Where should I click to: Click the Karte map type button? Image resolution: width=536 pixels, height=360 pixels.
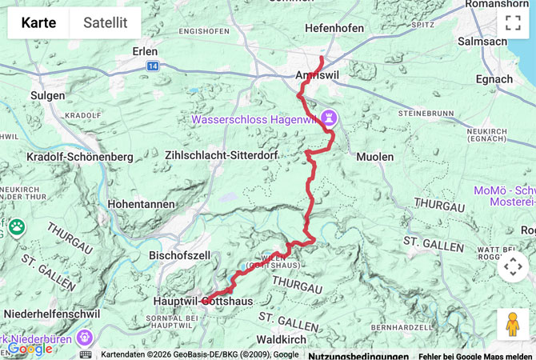(x=38, y=23)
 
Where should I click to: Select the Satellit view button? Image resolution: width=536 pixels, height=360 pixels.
(x=105, y=23)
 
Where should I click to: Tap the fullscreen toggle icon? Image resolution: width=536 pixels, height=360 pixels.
(x=513, y=22)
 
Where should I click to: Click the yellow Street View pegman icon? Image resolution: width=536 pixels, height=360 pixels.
(x=513, y=324)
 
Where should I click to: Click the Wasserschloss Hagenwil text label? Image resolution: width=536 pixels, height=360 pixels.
(x=254, y=120)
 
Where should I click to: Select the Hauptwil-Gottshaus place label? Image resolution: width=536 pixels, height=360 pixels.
(x=203, y=301)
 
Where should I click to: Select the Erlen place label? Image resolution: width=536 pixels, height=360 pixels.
(x=145, y=50)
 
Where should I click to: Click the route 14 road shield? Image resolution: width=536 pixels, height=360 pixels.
(x=152, y=67)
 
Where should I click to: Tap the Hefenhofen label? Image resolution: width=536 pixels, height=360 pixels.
(x=334, y=28)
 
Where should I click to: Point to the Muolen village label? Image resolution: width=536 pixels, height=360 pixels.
(x=374, y=157)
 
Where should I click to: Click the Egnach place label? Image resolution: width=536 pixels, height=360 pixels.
(x=494, y=79)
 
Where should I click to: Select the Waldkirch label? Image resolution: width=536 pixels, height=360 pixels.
(x=282, y=339)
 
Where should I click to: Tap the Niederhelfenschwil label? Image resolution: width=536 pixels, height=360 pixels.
(x=52, y=314)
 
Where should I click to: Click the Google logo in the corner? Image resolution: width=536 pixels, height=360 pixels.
(x=30, y=350)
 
